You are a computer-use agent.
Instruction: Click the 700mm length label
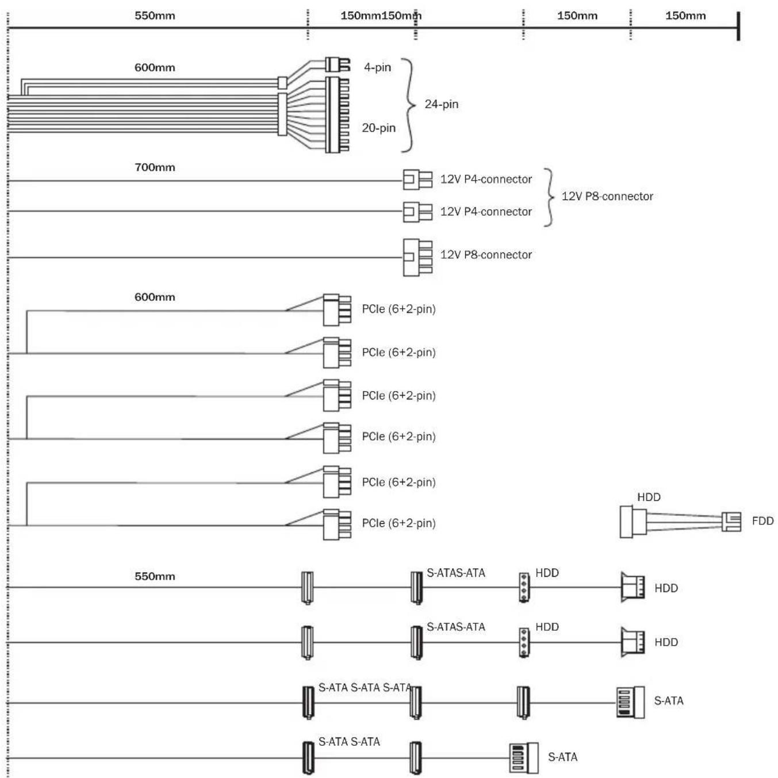pos(155,167)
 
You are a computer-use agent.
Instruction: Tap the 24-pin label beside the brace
pos(441,104)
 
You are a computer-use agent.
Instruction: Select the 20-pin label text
pos(378,128)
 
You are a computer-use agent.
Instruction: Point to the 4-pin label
pos(377,67)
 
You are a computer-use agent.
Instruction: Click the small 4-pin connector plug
pos(338,64)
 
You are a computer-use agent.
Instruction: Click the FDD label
pos(762,521)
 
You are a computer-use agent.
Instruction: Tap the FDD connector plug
pos(731,521)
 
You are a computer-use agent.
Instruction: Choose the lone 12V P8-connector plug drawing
pos(417,257)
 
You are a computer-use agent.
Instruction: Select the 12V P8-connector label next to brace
pos(607,196)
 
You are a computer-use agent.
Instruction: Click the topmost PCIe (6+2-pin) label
pos(398,309)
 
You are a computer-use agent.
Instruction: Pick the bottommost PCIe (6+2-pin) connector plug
pos(337,524)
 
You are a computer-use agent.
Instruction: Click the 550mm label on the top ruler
pos(155,16)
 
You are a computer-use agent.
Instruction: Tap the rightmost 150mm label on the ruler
pos(685,16)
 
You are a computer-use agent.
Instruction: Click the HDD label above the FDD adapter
pos(649,497)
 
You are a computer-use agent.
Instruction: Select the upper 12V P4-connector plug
pos(417,179)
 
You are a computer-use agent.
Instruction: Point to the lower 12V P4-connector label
pos(486,212)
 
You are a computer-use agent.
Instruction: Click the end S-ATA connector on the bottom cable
pos(524,758)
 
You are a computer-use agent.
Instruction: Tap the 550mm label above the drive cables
pos(155,576)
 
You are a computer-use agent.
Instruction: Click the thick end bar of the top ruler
pos(738,26)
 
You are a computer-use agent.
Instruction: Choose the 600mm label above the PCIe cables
pos(155,297)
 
